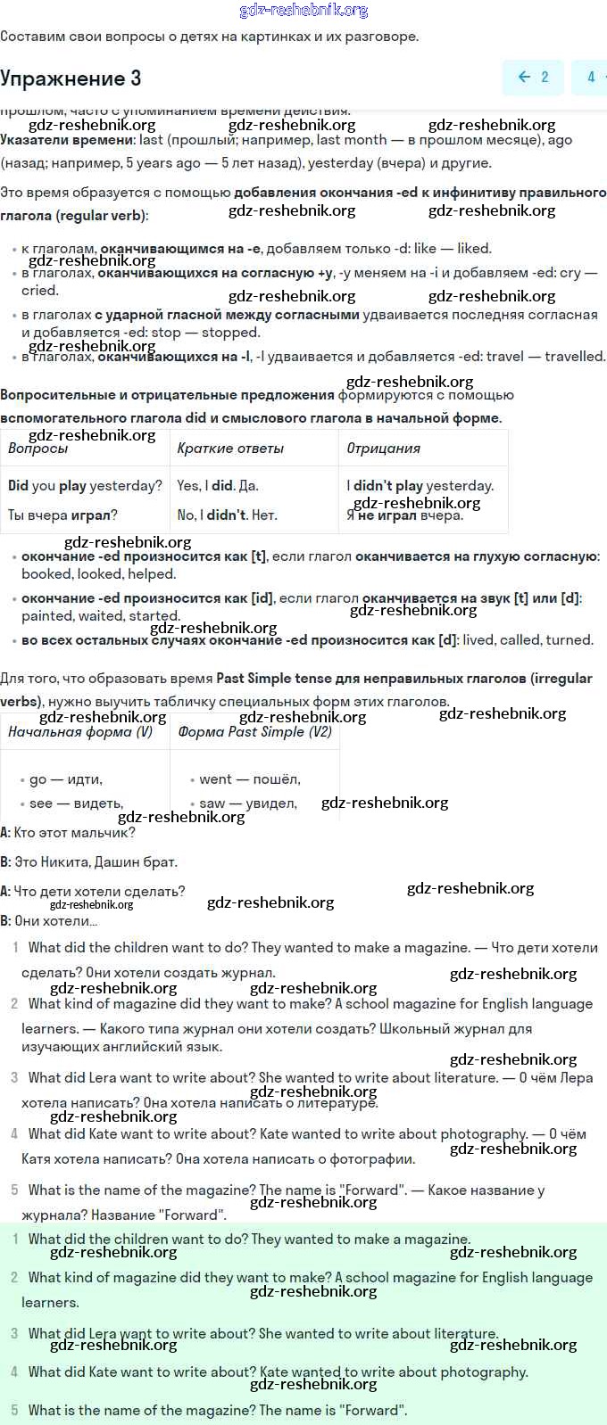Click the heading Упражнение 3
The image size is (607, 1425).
click(x=71, y=78)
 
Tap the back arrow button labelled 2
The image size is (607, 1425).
click(x=533, y=78)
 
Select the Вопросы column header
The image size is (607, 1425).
click(x=38, y=449)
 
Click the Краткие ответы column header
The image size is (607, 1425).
click(x=230, y=449)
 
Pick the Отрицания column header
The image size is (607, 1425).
click(x=383, y=449)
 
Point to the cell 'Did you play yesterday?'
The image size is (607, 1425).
click(x=85, y=486)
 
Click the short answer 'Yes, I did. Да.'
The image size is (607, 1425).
click(x=218, y=486)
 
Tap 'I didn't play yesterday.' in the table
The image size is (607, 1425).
click(x=420, y=486)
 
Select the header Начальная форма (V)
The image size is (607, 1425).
click(x=80, y=732)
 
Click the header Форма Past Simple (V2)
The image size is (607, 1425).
click(x=254, y=732)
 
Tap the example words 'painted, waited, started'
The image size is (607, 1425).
click(x=101, y=616)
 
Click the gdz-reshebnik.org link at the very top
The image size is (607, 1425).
click(x=303, y=11)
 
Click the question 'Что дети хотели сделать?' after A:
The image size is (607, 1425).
click(x=99, y=892)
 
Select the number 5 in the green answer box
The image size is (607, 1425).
click(x=14, y=1411)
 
